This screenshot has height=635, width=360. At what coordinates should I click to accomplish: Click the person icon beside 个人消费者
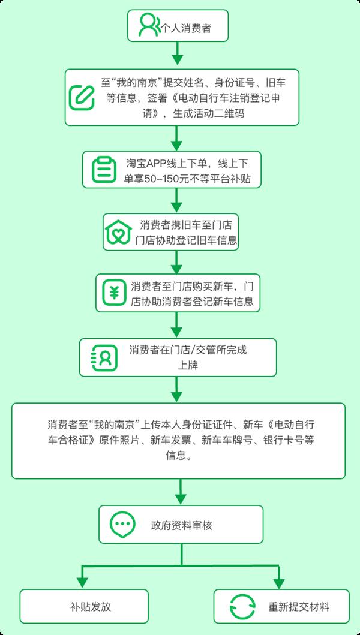point(149,26)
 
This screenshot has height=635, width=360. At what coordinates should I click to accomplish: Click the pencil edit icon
point(82,97)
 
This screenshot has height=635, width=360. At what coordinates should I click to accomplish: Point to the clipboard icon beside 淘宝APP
point(103,169)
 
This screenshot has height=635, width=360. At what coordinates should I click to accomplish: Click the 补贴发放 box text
point(90,607)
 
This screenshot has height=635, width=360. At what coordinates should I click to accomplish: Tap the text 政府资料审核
point(181,526)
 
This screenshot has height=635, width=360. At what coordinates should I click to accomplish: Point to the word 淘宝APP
point(142,164)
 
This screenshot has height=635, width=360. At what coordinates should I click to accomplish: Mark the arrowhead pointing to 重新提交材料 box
point(279,582)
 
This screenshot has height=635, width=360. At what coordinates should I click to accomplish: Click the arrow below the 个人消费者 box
point(177,53)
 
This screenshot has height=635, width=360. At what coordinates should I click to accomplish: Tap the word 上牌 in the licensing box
point(188,365)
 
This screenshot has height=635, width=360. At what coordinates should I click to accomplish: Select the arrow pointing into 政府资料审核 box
point(181,492)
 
